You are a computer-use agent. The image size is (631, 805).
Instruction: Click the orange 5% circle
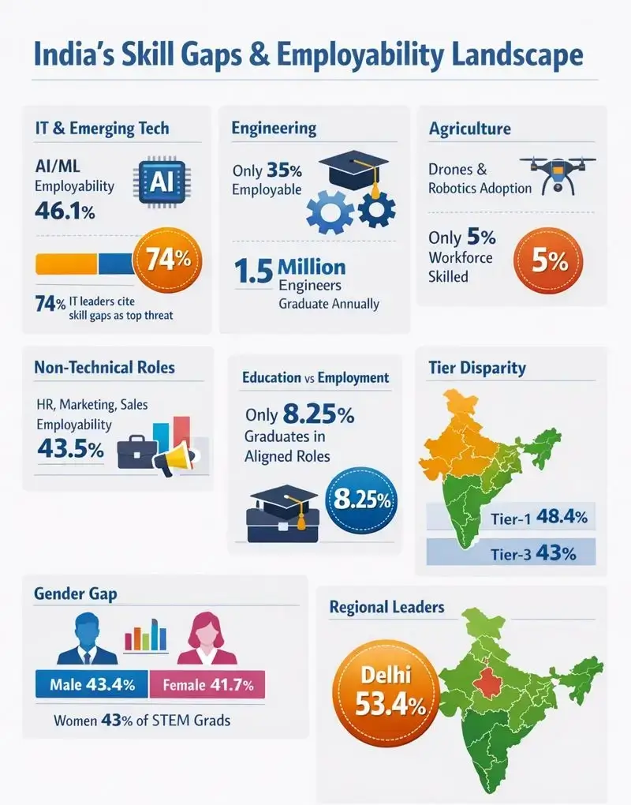550,261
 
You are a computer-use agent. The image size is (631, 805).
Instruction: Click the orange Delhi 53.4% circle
382,688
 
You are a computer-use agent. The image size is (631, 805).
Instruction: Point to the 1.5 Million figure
289,268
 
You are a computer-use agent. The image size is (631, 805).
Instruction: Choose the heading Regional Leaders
386,607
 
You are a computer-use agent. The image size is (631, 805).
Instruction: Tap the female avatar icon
207,642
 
